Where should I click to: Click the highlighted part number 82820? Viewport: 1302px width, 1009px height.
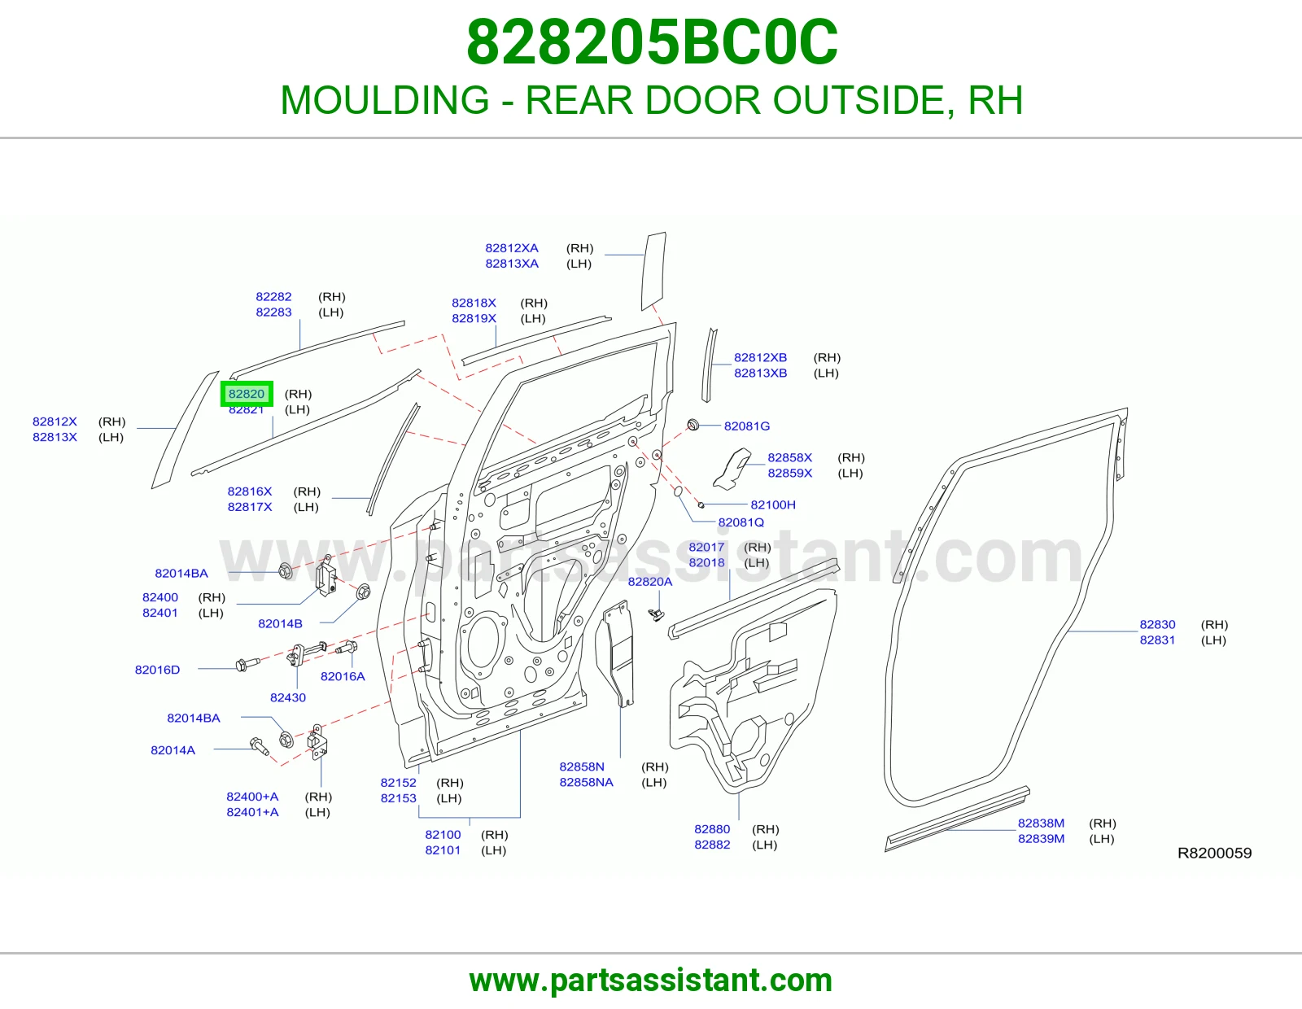tap(247, 394)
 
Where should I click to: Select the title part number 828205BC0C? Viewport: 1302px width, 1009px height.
tap(652, 42)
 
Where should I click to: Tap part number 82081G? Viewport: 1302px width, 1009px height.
tap(746, 426)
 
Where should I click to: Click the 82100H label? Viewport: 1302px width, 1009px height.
tap(773, 504)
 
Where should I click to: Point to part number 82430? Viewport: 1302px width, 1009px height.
tap(287, 697)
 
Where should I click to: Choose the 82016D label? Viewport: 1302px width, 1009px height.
tap(157, 670)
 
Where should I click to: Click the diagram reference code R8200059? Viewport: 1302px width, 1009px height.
tap(1214, 854)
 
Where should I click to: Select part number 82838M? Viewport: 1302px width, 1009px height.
tap(1041, 823)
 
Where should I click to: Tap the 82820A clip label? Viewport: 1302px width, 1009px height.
tap(650, 582)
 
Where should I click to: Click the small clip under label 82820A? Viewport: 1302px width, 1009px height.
tap(658, 614)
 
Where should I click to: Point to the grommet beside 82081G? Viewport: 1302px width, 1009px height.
tap(693, 425)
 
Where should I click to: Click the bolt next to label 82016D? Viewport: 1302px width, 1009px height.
tap(247, 665)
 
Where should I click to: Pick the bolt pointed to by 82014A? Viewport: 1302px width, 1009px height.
tap(260, 746)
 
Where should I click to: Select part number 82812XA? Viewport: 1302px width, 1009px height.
tap(512, 248)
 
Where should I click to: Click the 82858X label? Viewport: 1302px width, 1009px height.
tap(789, 458)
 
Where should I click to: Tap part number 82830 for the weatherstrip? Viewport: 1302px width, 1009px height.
tap(1157, 624)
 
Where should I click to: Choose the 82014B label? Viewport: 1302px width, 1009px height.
tap(280, 624)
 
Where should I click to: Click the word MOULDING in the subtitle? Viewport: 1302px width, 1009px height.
tap(385, 100)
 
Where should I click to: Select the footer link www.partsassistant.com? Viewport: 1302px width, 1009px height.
tap(651, 981)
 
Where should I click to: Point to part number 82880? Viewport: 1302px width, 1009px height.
tap(712, 829)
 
